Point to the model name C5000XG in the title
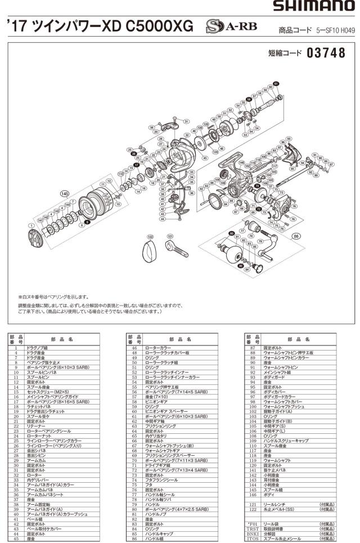coord(164,26)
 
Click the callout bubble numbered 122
coord(150,237)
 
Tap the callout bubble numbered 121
coord(170,236)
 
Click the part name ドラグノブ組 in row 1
coord(38,349)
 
